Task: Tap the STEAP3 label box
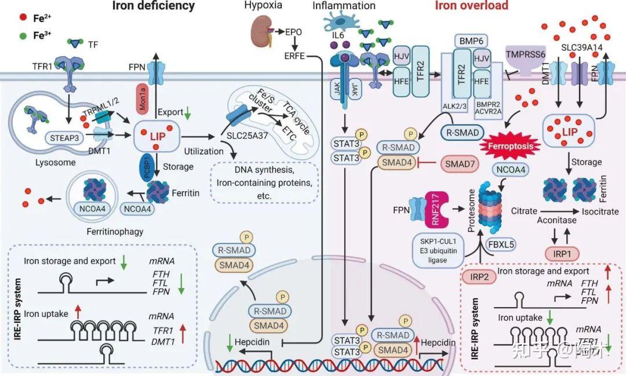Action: pos(64,138)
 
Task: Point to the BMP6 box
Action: pos(471,41)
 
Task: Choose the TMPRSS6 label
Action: pos(525,54)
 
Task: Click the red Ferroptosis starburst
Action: pos(511,146)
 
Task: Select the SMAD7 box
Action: pos(460,163)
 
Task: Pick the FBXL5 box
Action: pos(501,244)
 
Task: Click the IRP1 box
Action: pos(562,253)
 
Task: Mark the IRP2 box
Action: pos(479,276)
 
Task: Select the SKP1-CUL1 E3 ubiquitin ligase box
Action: pos(438,251)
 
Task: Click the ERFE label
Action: pos(294,56)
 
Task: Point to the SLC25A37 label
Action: pos(247,136)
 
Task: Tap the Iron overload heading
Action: pos(471,6)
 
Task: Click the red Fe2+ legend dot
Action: pos(23,17)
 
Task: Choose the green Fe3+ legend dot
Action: pos(23,36)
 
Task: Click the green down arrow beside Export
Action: pos(187,114)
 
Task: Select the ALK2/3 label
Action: pos(454,107)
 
